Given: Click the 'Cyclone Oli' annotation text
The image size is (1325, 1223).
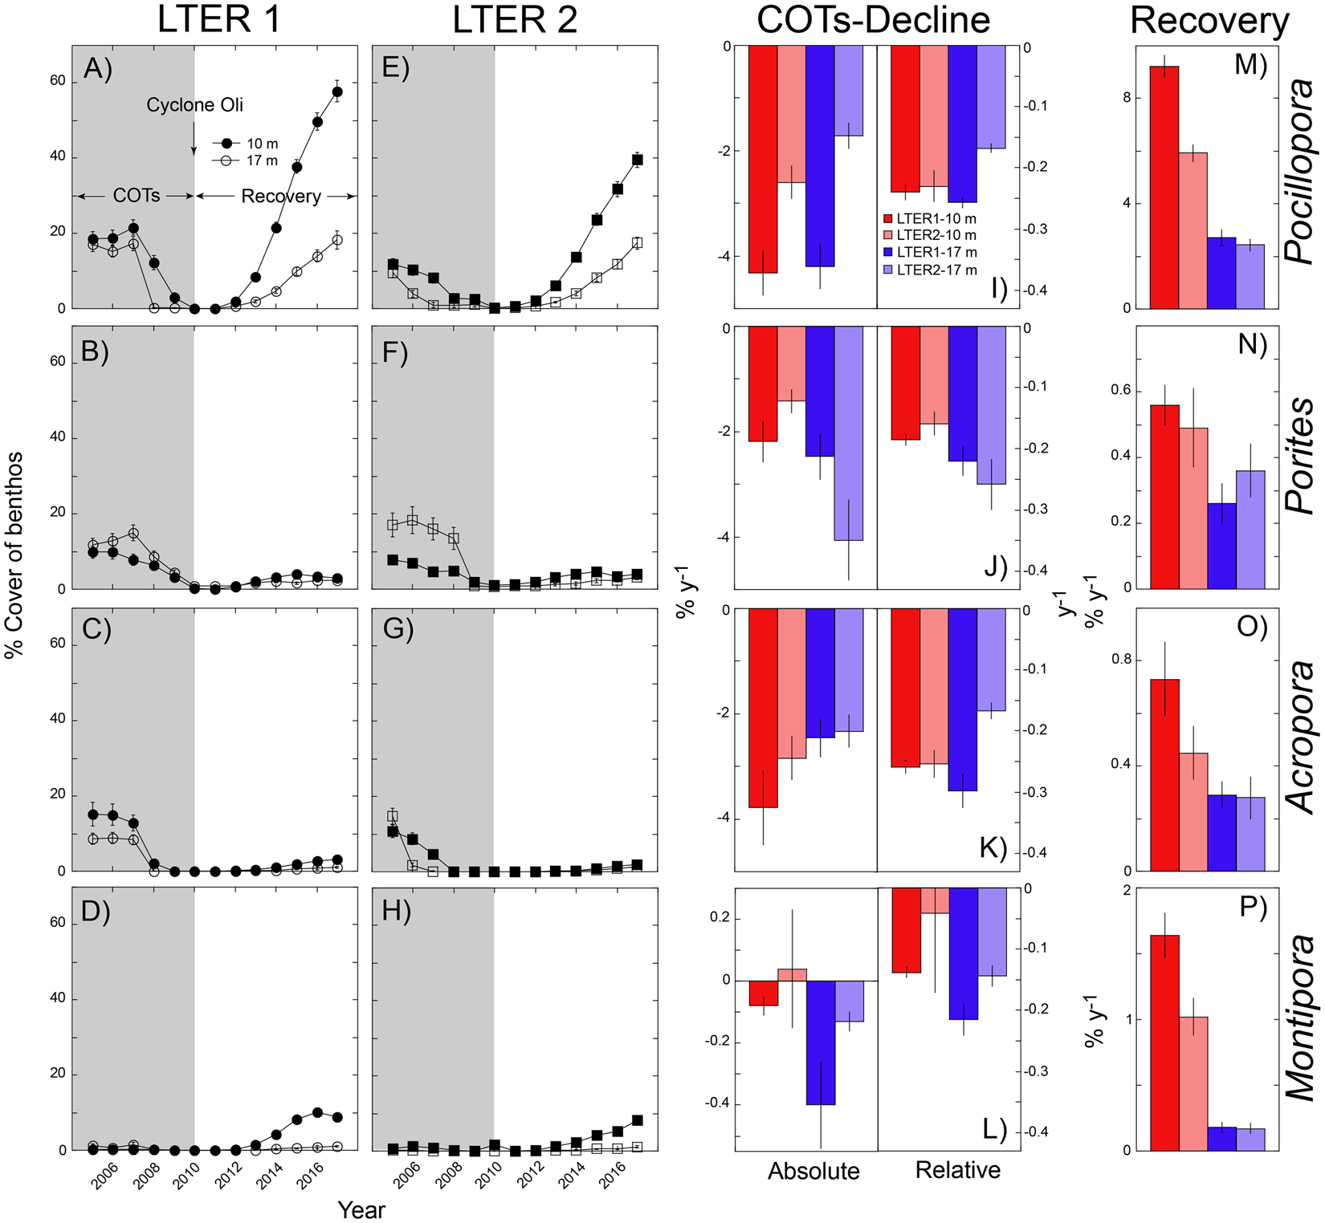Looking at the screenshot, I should click(194, 105).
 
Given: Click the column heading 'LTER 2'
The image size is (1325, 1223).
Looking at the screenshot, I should click(515, 20).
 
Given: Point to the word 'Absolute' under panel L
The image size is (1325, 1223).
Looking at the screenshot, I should click(813, 1171).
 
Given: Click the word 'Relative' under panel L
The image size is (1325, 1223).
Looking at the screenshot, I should click(957, 1170).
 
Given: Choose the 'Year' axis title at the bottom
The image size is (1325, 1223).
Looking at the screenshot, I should click(361, 1209).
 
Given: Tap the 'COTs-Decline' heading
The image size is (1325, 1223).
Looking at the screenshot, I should click(874, 20).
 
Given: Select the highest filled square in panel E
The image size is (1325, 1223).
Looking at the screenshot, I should click(638, 160).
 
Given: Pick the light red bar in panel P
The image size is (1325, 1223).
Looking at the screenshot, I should click(1192, 1083).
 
